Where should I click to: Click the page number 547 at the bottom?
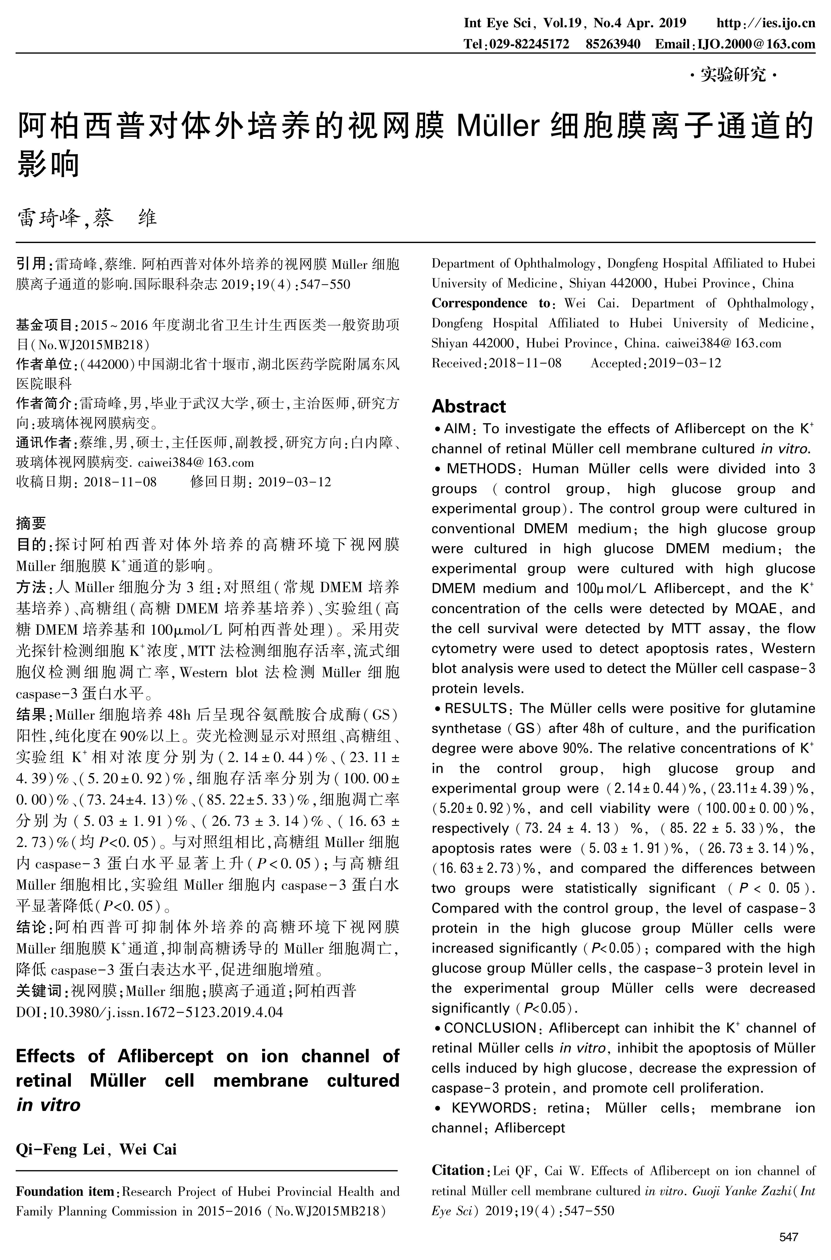click(789, 1238)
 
